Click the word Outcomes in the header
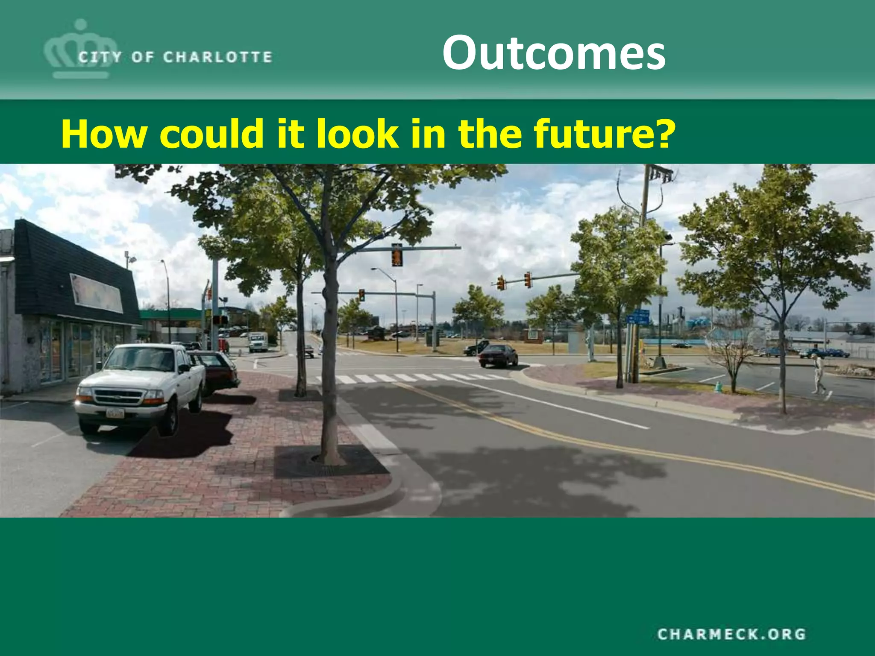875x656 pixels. [554, 53]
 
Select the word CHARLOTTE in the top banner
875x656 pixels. [217, 57]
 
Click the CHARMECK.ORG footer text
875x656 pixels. [731, 634]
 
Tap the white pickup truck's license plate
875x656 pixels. [115, 413]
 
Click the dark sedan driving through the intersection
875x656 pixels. [498, 355]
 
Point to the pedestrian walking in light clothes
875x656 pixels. [819, 374]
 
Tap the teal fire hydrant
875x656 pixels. [718, 386]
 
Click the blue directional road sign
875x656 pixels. [638, 316]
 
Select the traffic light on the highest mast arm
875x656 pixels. [397, 255]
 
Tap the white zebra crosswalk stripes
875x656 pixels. [410, 378]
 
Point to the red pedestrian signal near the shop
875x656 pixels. [220, 320]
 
